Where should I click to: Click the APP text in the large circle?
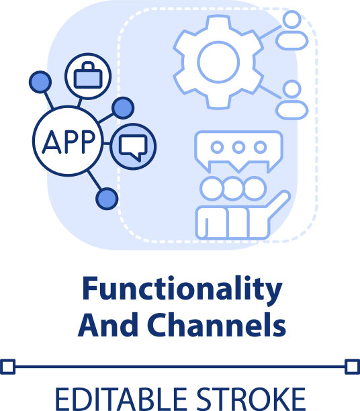pyautogui.click(x=69, y=142)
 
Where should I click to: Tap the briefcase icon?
pyautogui.click(x=88, y=75)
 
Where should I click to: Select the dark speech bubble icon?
pyautogui.click(x=133, y=148)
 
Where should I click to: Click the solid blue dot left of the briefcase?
pyautogui.click(x=40, y=82)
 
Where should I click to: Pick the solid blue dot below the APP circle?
pyautogui.click(x=107, y=199)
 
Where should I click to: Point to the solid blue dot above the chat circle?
pyautogui.click(x=123, y=108)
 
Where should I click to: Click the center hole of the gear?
pyautogui.click(x=218, y=62)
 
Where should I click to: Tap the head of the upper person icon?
pyautogui.click(x=291, y=19)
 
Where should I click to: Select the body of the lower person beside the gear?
pyautogui.click(x=291, y=110)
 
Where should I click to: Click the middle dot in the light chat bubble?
pyautogui.click(x=238, y=147)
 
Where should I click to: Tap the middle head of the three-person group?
pyautogui.click(x=233, y=189)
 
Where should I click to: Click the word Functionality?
pyautogui.click(x=182, y=290)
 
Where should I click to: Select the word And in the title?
pyautogui.click(x=108, y=325)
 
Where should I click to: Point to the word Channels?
pyautogui.click(x=216, y=325)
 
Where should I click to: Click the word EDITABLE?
pyautogui.click(x=121, y=399)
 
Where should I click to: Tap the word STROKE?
pyautogui.click(x=251, y=399)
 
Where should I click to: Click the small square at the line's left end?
pyautogui.click(x=7, y=367)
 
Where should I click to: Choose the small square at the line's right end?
pyautogui.click(x=352, y=367)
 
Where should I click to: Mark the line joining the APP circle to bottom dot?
pyautogui.click(x=94, y=180)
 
